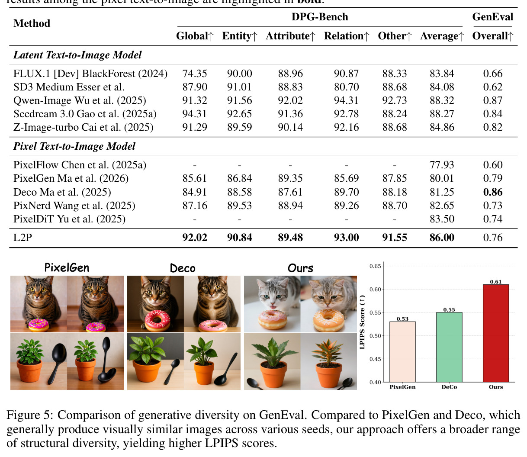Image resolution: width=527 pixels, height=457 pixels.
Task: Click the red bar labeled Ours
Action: (496, 333)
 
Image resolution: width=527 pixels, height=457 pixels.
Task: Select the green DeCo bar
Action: (449, 347)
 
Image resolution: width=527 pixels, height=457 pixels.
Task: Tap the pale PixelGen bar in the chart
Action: (402, 352)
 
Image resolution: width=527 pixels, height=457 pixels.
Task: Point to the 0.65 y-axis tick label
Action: (375, 266)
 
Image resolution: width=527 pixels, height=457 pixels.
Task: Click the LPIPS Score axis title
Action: (362, 322)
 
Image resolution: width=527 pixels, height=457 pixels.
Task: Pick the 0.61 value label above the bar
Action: (496, 282)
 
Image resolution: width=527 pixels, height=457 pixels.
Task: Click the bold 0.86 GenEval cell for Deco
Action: (492, 192)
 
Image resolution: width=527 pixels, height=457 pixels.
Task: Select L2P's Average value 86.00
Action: (442, 238)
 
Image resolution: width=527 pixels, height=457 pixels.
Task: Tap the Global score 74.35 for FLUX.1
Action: (195, 74)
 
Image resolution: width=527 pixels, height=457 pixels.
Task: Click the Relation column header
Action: (346, 36)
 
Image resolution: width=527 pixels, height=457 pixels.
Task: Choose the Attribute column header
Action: (290, 36)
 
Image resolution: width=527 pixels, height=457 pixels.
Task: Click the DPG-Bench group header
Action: (320, 17)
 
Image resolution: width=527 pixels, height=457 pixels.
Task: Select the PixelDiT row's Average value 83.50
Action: (442, 219)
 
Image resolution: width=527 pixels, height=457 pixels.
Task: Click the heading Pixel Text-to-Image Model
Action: (74, 146)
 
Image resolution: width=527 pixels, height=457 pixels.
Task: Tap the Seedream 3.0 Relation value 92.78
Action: (346, 114)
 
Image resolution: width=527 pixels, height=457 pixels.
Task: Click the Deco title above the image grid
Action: (183, 268)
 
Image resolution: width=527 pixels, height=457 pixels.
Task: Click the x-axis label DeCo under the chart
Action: (449, 387)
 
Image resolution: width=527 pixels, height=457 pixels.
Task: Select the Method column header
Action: (32, 23)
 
